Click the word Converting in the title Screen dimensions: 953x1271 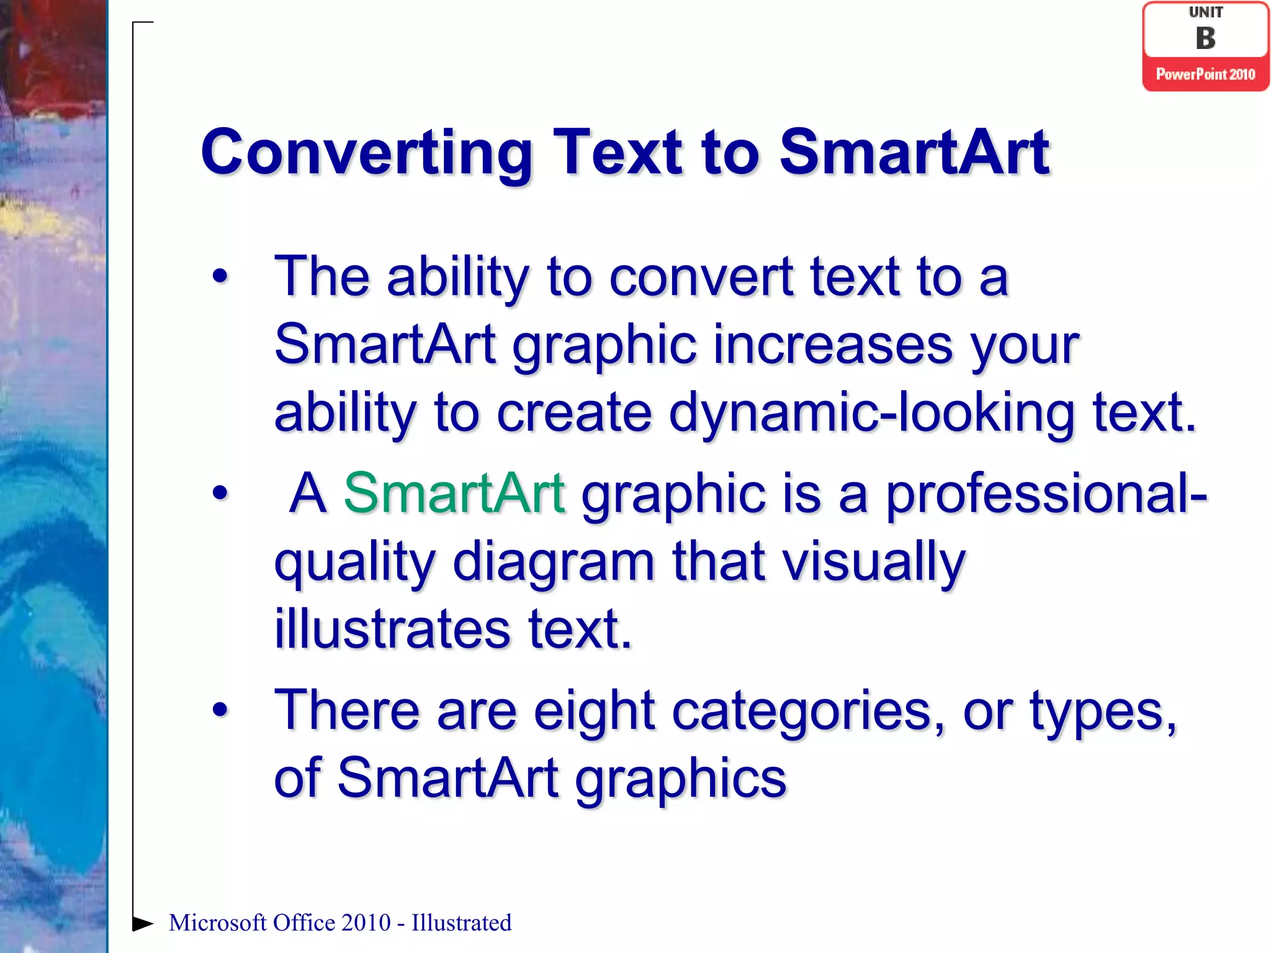[366, 153]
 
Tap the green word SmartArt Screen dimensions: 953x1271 [454, 493]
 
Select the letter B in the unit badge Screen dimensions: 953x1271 [1205, 38]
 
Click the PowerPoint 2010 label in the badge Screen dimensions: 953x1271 [1205, 74]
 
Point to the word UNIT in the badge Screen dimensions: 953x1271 [1205, 12]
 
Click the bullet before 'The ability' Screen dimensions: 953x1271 [220, 277]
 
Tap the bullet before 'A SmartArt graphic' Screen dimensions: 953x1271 [220, 493]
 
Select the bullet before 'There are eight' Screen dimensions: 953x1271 [220, 710]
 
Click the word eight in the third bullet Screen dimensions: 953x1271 [594, 711]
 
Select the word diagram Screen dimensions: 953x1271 [554, 562]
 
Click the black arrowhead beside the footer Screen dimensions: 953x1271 [142, 923]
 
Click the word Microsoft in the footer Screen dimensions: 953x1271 [217, 923]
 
